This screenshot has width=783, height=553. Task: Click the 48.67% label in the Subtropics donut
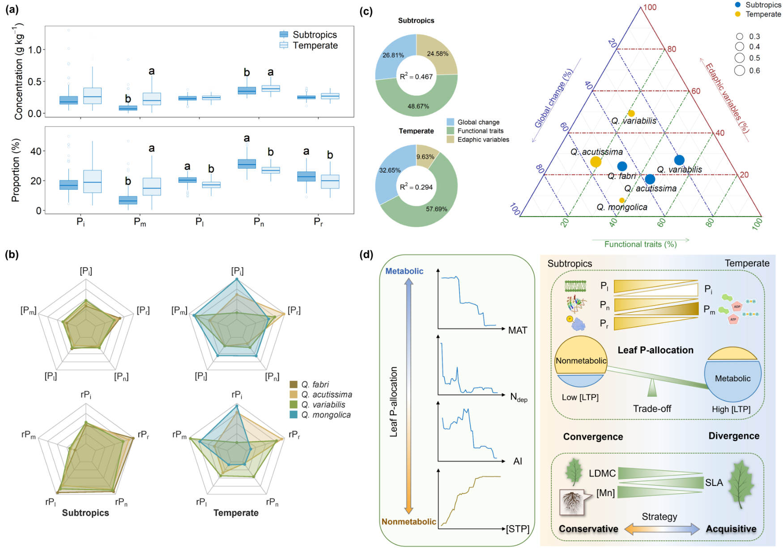(418, 106)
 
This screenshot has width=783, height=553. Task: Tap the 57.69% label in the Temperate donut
(436, 209)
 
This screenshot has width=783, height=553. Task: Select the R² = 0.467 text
(416, 77)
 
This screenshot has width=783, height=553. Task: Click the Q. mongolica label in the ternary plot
(621, 207)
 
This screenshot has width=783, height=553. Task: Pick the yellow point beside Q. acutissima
(596, 162)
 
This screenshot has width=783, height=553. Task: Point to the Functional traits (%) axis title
(640, 244)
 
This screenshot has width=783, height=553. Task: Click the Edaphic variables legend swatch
(451, 140)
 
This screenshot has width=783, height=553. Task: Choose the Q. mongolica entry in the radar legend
(326, 415)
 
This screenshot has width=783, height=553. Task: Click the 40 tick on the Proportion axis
(36, 151)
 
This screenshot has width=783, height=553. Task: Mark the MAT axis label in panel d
(517, 330)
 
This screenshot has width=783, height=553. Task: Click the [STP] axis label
(518, 529)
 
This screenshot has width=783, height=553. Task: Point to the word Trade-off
(652, 408)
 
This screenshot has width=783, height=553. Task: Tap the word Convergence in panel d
(593, 437)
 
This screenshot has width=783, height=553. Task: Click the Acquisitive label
(731, 529)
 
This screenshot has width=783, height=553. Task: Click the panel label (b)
(12, 255)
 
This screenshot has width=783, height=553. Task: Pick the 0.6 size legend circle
(740, 70)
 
